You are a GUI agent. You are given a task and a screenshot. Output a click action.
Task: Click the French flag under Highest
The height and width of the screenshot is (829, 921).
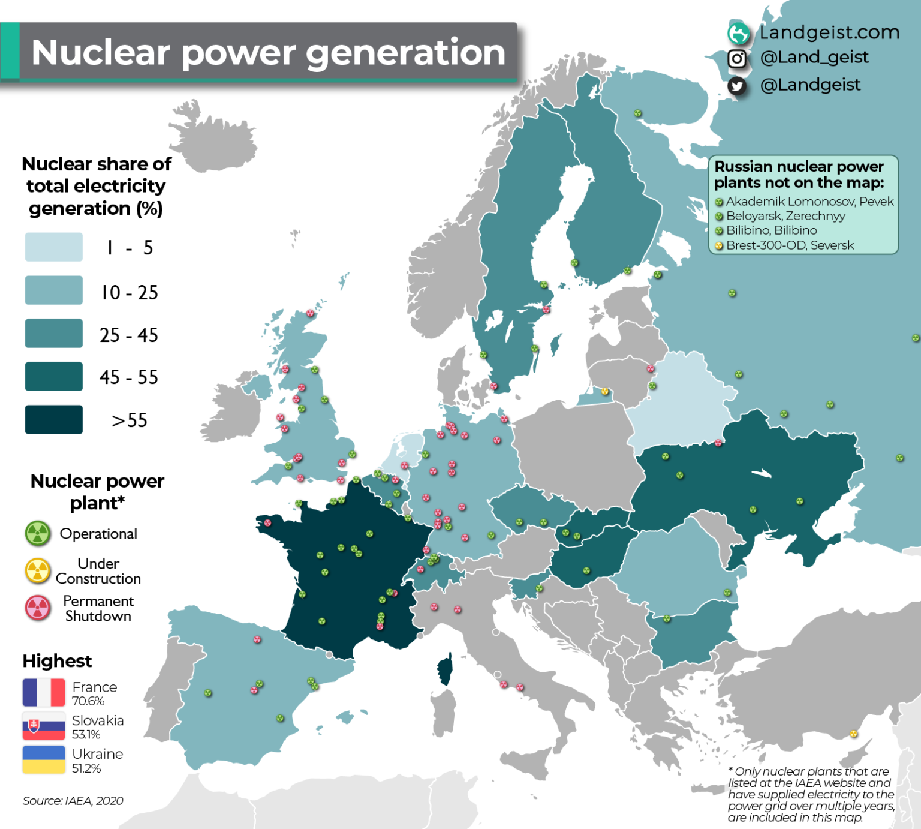point(44,693)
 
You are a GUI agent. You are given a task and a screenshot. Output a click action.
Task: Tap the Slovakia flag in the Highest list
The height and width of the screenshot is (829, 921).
point(44,726)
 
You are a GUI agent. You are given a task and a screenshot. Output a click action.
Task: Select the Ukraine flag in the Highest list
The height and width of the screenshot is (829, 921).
point(44,760)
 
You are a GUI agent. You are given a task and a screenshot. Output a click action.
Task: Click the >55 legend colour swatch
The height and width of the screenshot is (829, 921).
point(54,419)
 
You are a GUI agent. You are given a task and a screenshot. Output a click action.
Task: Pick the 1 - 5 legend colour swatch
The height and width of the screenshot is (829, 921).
point(54,247)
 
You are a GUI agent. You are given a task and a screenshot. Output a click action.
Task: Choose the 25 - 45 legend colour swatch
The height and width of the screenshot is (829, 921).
point(54,333)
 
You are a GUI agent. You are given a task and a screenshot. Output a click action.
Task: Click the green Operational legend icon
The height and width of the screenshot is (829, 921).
point(38,533)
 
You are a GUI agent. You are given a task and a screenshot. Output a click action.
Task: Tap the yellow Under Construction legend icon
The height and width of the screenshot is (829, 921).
point(38,571)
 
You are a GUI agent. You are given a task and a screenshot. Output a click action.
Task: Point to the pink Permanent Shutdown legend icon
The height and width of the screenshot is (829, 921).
point(38,608)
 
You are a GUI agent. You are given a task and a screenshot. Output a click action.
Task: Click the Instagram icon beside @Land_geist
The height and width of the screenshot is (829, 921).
point(737,58)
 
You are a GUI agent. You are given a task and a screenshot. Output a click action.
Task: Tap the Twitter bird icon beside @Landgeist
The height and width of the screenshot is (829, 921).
point(737,86)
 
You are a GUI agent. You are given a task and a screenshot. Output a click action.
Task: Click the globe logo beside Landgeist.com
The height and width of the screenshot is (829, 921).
point(739,33)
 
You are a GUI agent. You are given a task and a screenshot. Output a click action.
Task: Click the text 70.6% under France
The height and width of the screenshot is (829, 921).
point(88,701)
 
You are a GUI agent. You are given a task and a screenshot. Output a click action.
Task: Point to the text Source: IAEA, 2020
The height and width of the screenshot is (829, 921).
point(73,801)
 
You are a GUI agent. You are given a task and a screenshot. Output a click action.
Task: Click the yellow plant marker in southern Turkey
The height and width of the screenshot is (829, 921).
point(854,734)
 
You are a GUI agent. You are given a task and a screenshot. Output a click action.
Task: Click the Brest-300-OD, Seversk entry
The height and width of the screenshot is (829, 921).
point(789,245)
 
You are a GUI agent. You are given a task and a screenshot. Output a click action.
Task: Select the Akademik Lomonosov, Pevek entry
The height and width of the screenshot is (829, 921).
point(809,202)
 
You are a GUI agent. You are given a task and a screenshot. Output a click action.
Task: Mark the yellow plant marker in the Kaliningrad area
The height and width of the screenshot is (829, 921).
point(605,392)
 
